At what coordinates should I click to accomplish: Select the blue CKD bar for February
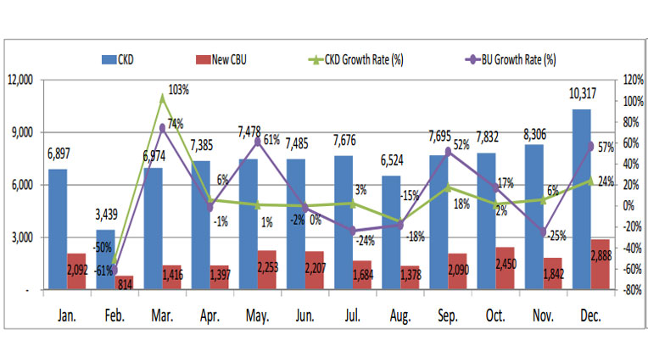(105, 259)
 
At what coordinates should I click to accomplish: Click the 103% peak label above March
(179, 89)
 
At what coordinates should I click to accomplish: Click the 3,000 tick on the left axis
(21, 237)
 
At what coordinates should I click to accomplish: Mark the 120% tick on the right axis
(632, 80)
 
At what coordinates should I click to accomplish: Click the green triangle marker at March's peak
(162, 98)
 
